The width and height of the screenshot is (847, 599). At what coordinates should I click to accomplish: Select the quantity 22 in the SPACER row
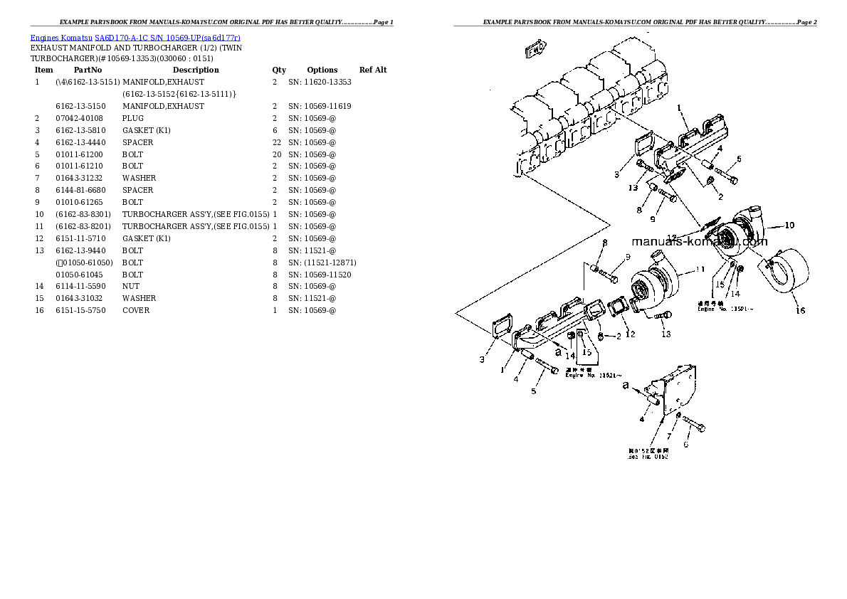[276, 142]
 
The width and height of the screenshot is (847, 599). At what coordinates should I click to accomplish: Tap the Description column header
[196, 70]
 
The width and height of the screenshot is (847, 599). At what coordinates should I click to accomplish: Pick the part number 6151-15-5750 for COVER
[80, 310]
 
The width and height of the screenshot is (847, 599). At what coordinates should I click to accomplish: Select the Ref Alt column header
[373, 70]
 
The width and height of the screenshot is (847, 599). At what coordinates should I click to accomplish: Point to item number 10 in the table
[39, 214]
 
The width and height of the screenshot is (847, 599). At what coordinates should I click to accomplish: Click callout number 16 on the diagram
[800, 310]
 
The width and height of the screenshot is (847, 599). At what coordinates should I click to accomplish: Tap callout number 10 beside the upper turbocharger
[789, 226]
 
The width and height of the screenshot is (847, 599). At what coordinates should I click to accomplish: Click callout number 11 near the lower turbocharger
[699, 269]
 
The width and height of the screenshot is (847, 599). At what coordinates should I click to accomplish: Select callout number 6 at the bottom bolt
[686, 445]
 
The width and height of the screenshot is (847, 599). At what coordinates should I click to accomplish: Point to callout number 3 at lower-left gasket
[482, 360]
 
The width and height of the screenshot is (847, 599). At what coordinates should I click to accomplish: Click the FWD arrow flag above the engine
[535, 51]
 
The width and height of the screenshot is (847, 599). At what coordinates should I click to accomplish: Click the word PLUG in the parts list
[132, 118]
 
